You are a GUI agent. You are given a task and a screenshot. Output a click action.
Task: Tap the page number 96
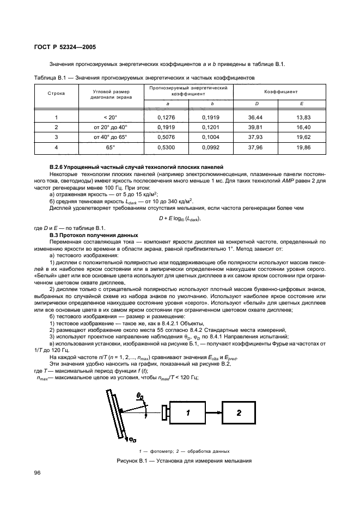coord(38,472)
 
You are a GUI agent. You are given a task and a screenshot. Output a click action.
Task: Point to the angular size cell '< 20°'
coord(111,117)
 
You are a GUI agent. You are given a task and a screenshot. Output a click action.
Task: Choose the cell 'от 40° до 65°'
coord(111,137)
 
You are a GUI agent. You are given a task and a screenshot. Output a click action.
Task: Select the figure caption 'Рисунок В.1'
coord(180,462)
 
